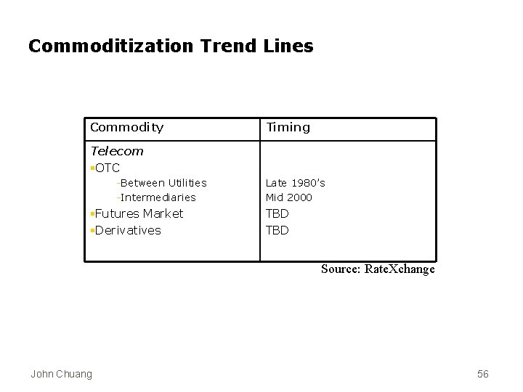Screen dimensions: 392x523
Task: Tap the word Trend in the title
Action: [x=225, y=46]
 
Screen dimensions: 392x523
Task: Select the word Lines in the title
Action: [x=288, y=46]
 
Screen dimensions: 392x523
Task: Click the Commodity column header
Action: [x=126, y=128]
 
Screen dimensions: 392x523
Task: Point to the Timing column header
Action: [x=288, y=128]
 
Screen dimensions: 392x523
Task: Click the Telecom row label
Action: [x=116, y=151]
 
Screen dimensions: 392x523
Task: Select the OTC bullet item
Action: [x=107, y=168]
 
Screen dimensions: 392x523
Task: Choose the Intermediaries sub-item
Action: [x=158, y=197]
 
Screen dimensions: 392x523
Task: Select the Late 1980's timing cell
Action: [x=295, y=183]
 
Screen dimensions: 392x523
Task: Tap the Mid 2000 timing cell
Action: [x=288, y=197]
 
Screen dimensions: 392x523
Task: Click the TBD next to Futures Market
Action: [x=277, y=213]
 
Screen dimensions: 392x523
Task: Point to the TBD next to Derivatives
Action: [x=277, y=230]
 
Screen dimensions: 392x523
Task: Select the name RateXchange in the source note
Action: [x=399, y=269]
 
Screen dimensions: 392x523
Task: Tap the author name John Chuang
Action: [x=61, y=374]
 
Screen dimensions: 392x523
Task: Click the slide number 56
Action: [x=483, y=374]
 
